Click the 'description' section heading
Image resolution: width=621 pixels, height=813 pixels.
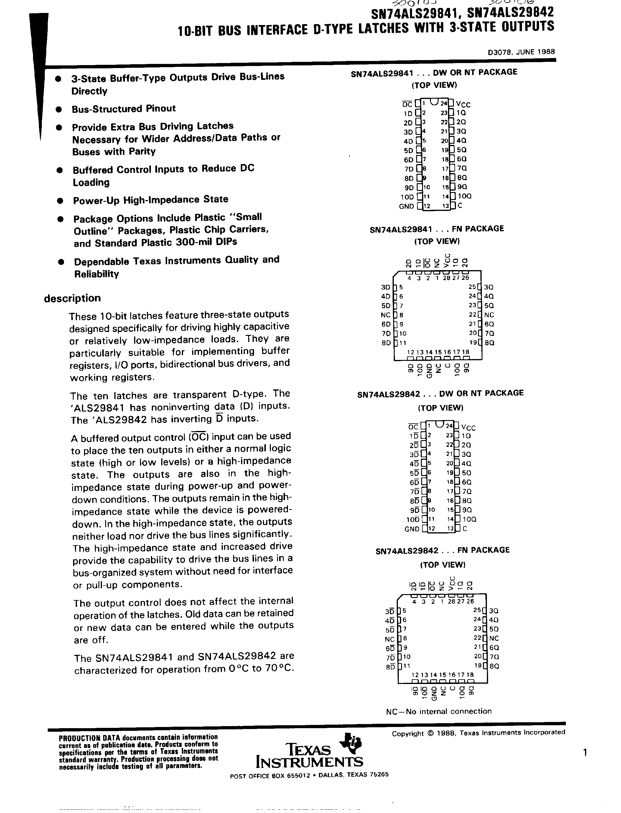click(x=73, y=298)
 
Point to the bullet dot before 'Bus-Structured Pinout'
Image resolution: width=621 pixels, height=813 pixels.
click(x=58, y=109)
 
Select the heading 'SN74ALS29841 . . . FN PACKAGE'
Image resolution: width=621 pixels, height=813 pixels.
click(x=436, y=229)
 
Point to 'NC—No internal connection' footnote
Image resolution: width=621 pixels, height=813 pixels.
click(x=439, y=711)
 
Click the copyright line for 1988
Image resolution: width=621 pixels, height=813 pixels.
click(x=478, y=733)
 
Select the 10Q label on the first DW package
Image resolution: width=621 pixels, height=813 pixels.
click(x=464, y=196)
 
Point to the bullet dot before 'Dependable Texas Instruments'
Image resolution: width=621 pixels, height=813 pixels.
click(x=61, y=262)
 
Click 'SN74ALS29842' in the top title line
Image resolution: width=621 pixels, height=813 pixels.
click(x=510, y=13)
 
